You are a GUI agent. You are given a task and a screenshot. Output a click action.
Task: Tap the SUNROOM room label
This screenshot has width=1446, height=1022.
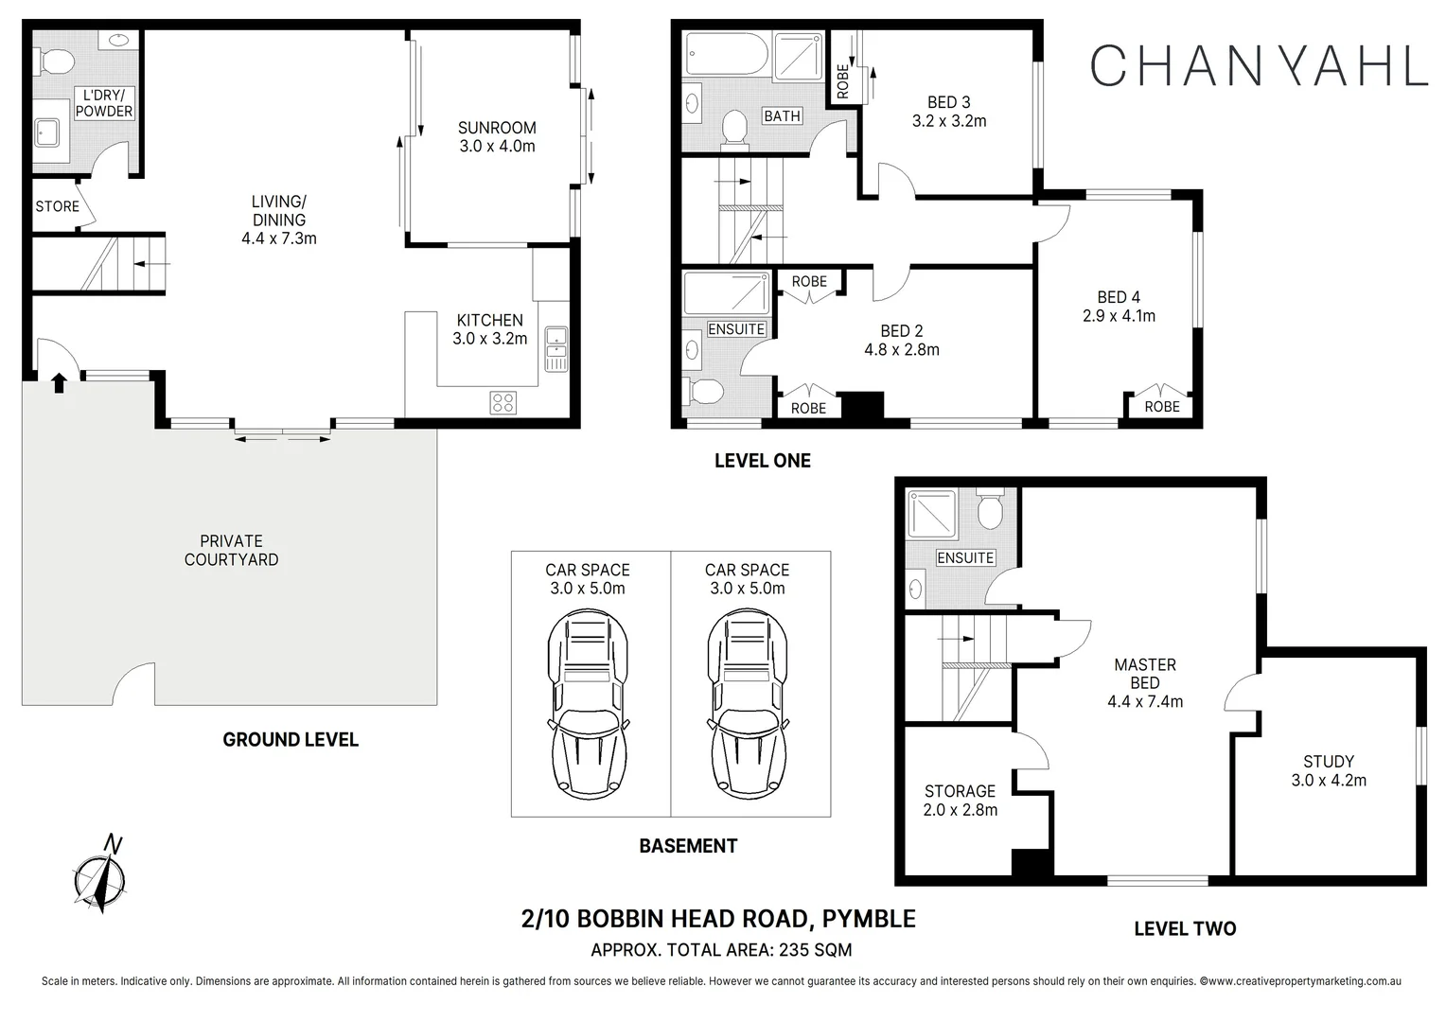point(497,128)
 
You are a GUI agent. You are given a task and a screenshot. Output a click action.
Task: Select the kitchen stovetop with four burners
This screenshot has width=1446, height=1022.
point(503,402)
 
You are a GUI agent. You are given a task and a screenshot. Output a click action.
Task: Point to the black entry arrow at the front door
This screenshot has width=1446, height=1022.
point(59,382)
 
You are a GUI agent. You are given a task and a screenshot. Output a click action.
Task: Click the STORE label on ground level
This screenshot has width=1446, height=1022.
point(57,206)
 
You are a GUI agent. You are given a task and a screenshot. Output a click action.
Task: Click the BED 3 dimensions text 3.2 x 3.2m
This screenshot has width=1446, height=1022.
point(948,121)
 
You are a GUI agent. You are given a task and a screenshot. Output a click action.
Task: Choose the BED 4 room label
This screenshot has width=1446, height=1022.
point(1119,297)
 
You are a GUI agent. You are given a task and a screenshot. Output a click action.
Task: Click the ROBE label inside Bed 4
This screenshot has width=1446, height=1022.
point(1161,407)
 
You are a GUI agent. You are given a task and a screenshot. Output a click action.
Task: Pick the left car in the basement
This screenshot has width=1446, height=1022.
point(587,705)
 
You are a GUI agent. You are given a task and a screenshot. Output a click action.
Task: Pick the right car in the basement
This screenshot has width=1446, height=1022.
point(747,705)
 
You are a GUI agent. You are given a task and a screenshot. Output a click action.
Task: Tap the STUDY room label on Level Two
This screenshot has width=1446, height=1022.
point(1328,761)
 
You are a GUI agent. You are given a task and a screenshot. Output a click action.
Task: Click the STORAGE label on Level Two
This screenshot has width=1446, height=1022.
point(960,791)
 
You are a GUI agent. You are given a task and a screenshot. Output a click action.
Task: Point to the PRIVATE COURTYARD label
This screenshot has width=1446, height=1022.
point(231,551)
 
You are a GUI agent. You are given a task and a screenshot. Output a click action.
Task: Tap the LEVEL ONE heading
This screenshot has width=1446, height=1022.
point(762,461)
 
